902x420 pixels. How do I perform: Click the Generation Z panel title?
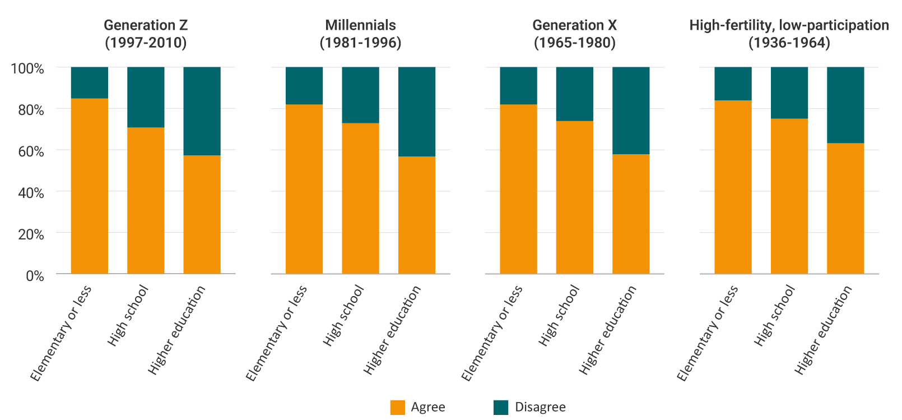point(146,34)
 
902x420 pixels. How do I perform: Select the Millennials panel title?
point(360,34)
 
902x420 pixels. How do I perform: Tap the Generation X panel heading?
point(574,34)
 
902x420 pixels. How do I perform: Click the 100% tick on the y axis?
point(27,68)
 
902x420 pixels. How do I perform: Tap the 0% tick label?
point(34,276)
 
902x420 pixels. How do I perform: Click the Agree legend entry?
point(417,407)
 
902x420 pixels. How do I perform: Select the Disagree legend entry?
point(529,407)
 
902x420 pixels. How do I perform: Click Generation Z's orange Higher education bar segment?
point(202,214)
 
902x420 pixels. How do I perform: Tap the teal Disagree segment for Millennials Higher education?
point(417,112)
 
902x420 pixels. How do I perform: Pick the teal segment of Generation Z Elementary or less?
point(90,82)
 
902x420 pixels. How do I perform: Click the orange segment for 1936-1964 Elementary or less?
point(733,187)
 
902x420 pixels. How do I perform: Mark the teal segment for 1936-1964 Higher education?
point(845,105)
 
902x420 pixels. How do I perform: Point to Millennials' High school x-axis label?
point(343,315)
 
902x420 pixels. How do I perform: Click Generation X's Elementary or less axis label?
point(492,333)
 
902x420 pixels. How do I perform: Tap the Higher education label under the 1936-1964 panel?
point(823,330)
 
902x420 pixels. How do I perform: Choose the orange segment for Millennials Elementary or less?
point(304,189)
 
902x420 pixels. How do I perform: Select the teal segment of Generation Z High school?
point(146,97)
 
